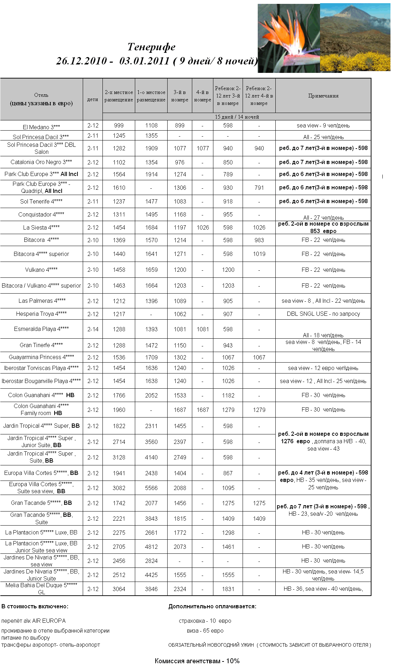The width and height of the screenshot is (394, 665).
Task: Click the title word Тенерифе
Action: (x=151, y=47)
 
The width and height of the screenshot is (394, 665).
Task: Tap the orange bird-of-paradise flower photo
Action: (x=289, y=39)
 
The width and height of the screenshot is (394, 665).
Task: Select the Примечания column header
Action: (x=323, y=96)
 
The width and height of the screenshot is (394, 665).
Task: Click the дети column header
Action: (x=93, y=99)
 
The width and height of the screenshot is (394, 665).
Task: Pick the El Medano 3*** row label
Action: (x=41, y=127)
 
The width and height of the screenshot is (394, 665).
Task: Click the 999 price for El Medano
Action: (x=119, y=125)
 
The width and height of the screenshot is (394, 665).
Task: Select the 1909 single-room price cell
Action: (x=151, y=148)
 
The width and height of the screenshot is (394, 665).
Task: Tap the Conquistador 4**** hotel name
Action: (x=41, y=214)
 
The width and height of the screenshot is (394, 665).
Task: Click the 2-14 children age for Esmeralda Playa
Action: (x=93, y=329)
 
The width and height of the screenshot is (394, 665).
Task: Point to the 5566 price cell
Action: (x=151, y=488)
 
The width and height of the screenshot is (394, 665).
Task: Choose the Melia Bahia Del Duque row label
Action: (x=41, y=589)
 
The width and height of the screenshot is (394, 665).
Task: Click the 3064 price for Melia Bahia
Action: (x=119, y=589)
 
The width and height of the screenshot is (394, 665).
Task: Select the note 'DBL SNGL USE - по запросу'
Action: (x=323, y=314)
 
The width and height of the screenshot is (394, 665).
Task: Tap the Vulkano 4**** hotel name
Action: (x=41, y=270)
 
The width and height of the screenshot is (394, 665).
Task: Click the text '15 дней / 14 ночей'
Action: (x=237, y=117)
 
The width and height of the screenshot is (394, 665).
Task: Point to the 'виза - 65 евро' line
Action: (x=205, y=631)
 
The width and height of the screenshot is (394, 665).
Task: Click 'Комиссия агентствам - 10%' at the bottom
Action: (x=197, y=661)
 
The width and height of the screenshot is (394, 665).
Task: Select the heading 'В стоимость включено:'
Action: (x=35, y=606)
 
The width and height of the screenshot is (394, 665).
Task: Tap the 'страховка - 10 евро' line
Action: (x=205, y=621)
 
